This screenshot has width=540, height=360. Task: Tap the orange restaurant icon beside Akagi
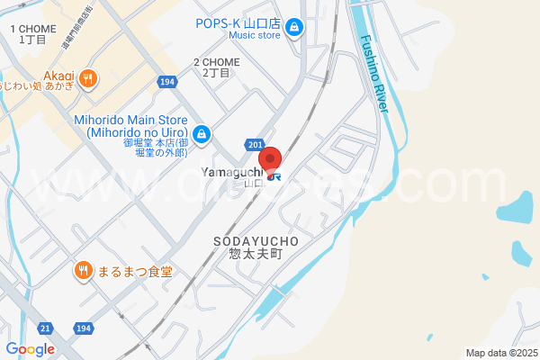coord(87,78)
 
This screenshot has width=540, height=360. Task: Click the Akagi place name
coord(58,76)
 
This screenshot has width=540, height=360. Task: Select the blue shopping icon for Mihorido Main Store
coord(202,135)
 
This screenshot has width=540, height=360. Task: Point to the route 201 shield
coord(256,145)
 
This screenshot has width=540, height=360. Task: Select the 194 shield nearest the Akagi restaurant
coord(166,82)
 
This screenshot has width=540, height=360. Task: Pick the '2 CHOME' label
coord(216,62)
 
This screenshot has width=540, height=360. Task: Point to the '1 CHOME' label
coord(32,29)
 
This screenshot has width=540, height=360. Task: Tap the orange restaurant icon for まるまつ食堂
coord(83,269)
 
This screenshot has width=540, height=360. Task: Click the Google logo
coord(30,349)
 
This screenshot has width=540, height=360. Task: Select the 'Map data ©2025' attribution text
coord(500,353)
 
